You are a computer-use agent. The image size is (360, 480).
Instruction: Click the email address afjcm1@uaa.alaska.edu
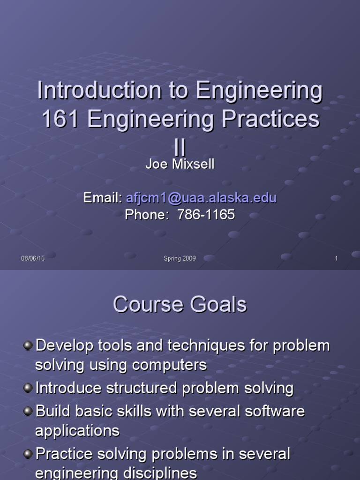(x=201, y=198)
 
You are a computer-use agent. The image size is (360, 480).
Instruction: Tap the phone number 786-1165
(x=205, y=215)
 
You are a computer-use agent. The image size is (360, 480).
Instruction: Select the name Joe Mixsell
(x=180, y=165)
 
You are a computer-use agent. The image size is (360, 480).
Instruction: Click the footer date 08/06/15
(x=33, y=258)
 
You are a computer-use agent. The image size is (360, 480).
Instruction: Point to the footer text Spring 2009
(x=180, y=258)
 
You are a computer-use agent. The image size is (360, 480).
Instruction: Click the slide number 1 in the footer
(x=336, y=258)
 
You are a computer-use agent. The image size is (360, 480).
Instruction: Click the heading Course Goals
(x=180, y=305)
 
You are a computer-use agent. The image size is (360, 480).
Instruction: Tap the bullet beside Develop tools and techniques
(x=28, y=346)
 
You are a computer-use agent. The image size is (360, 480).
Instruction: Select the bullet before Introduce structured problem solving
(x=28, y=388)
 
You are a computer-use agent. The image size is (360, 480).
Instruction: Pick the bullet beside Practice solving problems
(x=28, y=453)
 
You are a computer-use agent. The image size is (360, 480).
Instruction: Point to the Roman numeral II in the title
(x=180, y=147)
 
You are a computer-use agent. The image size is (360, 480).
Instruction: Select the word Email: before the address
(x=103, y=198)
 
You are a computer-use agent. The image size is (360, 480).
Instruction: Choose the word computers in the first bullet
(x=169, y=365)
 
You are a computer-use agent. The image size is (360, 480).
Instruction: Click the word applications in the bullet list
(x=77, y=431)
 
